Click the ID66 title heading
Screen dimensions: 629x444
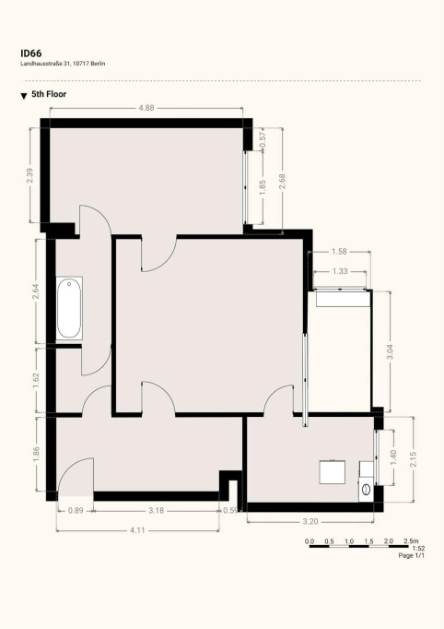click(x=30, y=53)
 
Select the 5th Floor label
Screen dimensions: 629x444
click(x=49, y=95)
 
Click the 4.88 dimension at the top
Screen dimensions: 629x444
click(x=146, y=108)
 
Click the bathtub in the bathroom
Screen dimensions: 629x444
click(x=70, y=308)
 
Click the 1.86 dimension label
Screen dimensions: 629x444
click(x=36, y=454)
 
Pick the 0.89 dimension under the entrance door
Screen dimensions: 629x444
click(x=76, y=510)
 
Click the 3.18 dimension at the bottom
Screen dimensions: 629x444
click(x=158, y=510)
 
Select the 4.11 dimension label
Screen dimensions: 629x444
click(x=138, y=529)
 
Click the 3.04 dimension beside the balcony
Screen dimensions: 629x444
click(x=390, y=350)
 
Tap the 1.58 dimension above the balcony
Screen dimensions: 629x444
click(x=338, y=251)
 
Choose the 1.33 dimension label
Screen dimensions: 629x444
click(x=340, y=271)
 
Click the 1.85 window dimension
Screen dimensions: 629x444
click(x=263, y=185)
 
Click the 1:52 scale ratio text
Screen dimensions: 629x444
click(x=418, y=548)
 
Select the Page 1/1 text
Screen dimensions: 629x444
click(x=411, y=556)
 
